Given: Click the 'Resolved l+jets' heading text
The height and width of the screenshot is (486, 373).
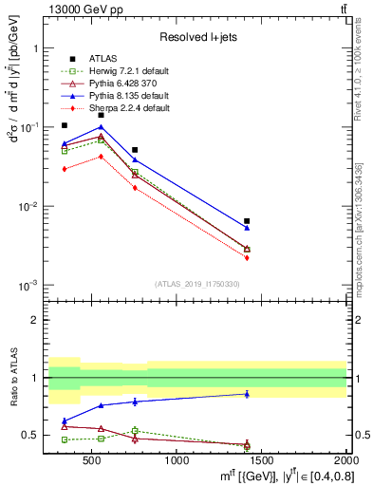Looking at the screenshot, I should pos(196,37).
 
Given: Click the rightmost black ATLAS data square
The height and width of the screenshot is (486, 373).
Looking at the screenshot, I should pos(247,221).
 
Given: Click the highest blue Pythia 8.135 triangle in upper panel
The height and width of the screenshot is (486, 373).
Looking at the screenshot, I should pos(101,126).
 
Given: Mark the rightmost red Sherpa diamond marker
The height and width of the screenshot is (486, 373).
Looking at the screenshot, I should pos(247,257).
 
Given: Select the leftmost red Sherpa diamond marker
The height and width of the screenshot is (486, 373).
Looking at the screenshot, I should pos(65,169).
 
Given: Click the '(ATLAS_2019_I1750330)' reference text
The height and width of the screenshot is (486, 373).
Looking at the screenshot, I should pos(196,284).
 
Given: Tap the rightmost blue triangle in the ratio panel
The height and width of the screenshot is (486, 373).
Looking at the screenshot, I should pos(247,394).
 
